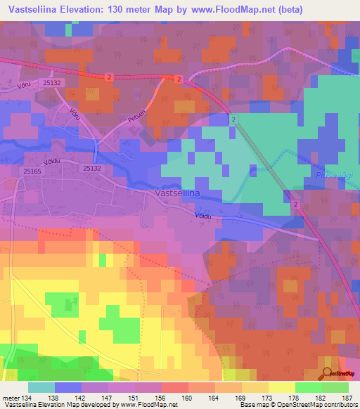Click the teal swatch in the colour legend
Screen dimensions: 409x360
click(41, 387)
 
